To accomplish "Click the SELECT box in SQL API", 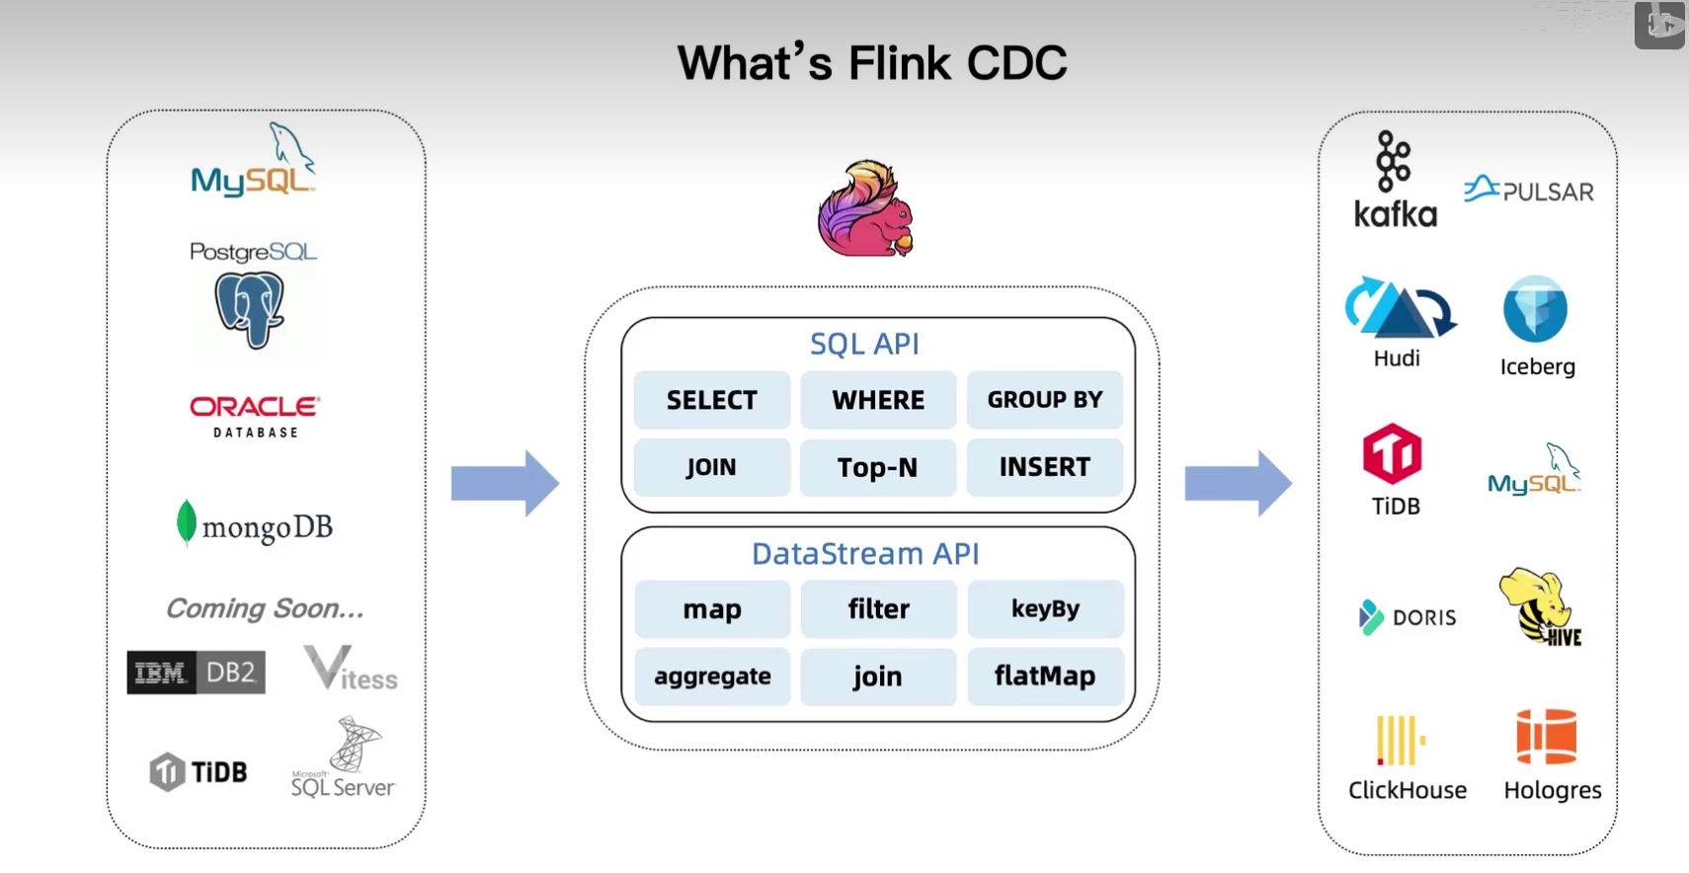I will click(711, 400).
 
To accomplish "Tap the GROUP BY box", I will click(1044, 400).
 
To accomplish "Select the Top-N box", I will click(877, 467).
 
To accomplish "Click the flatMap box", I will click(1044, 676).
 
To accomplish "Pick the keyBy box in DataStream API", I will click(1044, 609).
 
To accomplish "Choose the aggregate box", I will click(711, 676).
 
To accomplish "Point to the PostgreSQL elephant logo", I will click(250, 310).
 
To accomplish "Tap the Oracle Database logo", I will click(255, 416).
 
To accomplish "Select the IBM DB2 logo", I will click(196, 673).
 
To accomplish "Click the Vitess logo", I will click(350, 669).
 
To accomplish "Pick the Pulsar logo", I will click(1528, 190).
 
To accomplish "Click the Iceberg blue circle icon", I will click(1535, 309).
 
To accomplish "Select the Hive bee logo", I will click(1539, 606).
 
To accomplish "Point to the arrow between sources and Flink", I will click(505, 483).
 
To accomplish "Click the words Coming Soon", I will click(265, 608).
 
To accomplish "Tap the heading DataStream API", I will click(865, 554).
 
